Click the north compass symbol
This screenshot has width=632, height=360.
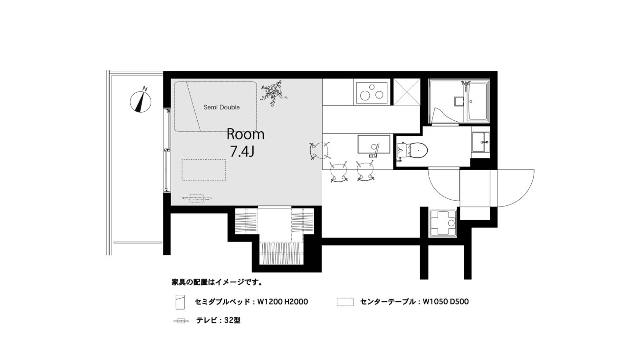click(x=141, y=101)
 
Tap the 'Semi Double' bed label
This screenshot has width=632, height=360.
click(x=221, y=107)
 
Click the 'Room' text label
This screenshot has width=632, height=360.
click(x=246, y=135)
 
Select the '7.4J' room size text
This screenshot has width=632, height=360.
click(x=242, y=152)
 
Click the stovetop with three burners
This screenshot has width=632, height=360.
click(x=372, y=93)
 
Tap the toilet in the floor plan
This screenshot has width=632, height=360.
click(x=412, y=150)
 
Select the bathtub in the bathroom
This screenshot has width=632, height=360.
click(x=477, y=102)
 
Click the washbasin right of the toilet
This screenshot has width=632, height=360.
click(x=481, y=142)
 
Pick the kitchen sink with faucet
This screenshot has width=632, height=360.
click(x=374, y=145)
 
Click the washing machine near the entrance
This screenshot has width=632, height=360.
click(x=443, y=224)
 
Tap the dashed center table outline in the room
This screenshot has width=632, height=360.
click(x=204, y=170)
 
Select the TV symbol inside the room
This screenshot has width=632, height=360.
click(x=197, y=198)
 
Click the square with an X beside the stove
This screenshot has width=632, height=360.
click(x=407, y=92)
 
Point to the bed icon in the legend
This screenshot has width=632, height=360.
click(x=180, y=302)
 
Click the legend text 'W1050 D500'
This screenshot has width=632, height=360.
click(x=446, y=302)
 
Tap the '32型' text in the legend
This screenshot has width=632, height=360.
click(x=232, y=321)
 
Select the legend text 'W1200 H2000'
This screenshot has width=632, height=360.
click(x=283, y=302)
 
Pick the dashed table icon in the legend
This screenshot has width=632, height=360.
click(x=345, y=302)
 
